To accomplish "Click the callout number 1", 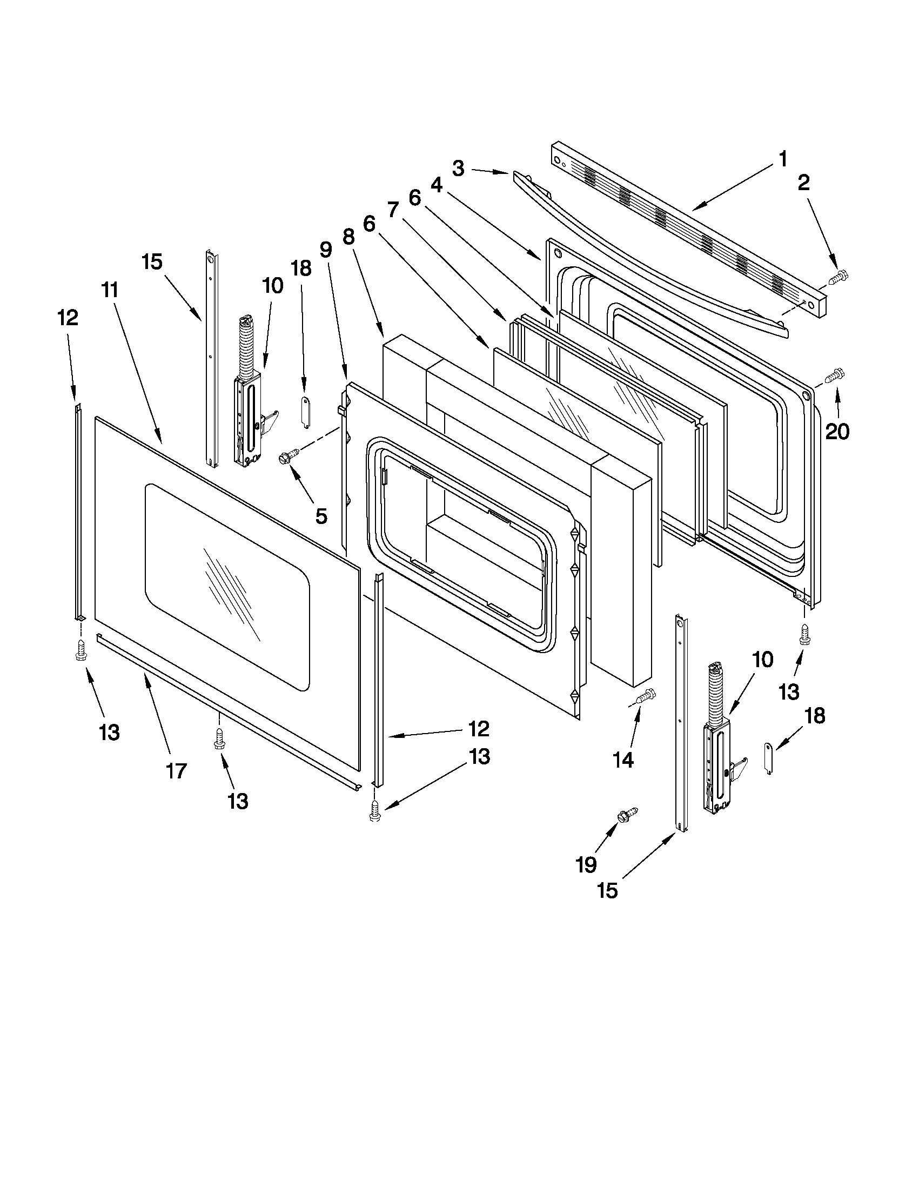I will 782,159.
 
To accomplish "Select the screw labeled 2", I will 835,278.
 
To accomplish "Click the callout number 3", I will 458,168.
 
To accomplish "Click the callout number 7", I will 393,210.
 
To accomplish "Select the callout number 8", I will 348,237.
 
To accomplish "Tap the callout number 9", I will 325,250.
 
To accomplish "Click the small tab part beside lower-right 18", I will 769,758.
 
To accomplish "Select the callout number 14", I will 623,760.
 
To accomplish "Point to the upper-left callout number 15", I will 152,262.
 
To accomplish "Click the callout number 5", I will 321,515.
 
